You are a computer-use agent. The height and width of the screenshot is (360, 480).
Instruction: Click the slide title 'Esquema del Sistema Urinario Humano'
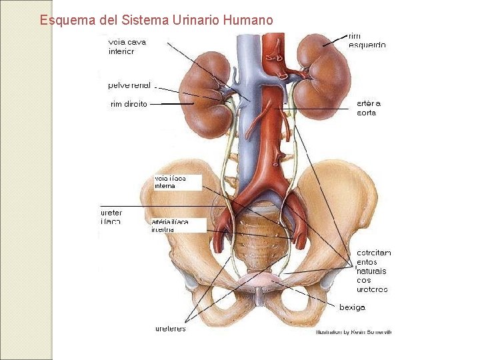(156, 20)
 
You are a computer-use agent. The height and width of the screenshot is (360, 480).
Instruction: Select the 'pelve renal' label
(129, 85)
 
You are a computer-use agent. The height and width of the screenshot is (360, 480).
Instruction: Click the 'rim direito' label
(129, 104)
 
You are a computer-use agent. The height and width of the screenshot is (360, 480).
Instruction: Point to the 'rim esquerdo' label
(367, 40)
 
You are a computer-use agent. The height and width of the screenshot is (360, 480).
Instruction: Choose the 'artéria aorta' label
(369, 108)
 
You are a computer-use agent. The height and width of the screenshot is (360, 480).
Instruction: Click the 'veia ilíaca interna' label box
(177, 182)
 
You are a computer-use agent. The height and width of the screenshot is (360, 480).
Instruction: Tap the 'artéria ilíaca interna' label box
(177, 225)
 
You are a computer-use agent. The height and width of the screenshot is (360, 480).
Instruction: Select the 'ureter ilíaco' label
(111, 217)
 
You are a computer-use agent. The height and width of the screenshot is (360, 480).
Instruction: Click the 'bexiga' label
(352, 307)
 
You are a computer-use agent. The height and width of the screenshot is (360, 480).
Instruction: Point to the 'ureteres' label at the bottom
(171, 328)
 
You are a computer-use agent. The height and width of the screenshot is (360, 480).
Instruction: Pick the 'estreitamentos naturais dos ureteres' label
(373, 271)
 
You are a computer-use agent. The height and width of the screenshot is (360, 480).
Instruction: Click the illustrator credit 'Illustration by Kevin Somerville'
(353, 331)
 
